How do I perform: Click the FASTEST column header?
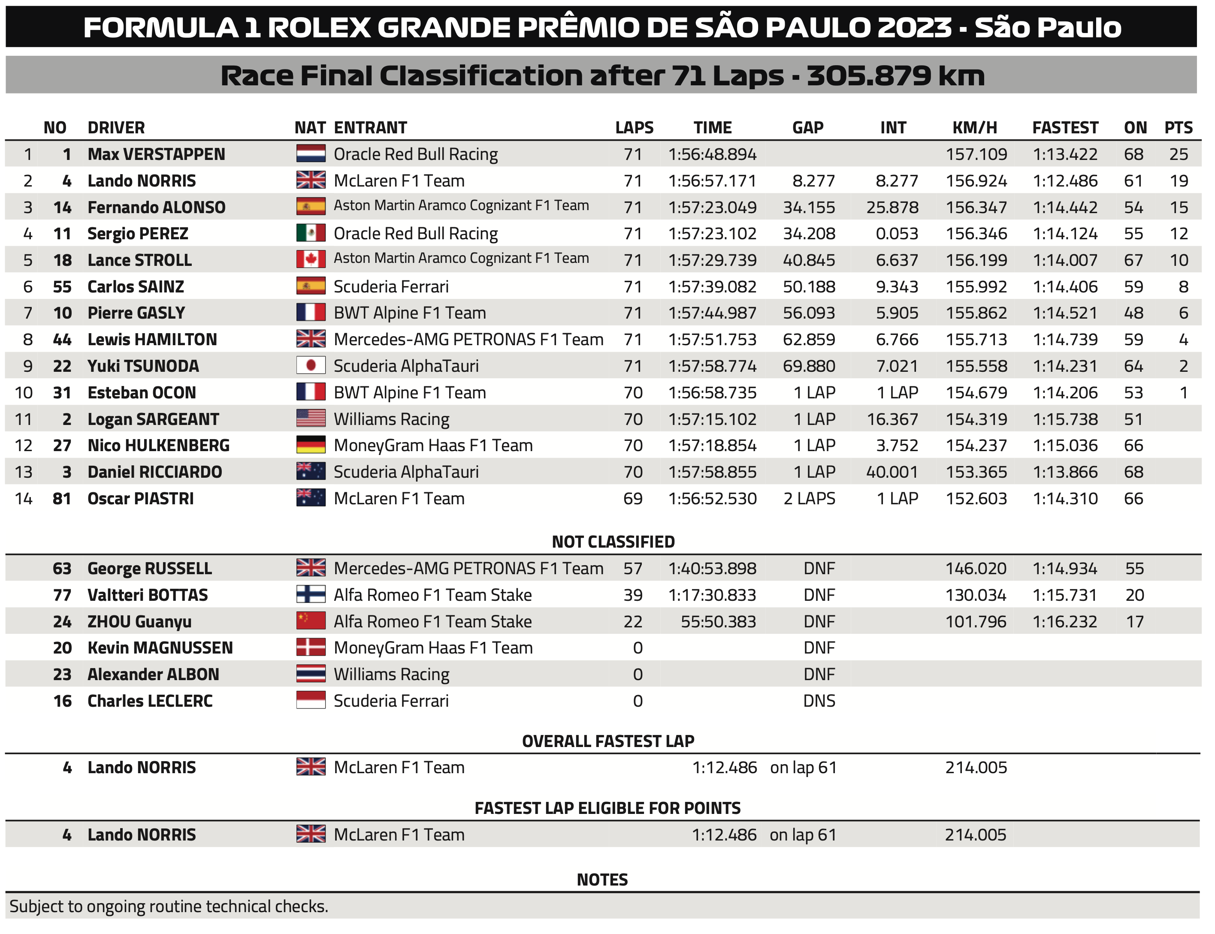[x=1064, y=127]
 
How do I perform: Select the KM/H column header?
[x=974, y=127]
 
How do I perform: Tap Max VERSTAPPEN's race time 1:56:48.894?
[x=712, y=154]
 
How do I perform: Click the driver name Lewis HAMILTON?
[x=152, y=339]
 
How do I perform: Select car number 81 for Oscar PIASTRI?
[x=62, y=498]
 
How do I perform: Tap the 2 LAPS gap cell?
[x=809, y=498]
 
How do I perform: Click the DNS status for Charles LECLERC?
[x=819, y=701]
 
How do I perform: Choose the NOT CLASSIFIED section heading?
[x=613, y=542]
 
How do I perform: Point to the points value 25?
[x=1178, y=154]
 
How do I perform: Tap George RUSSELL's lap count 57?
[x=633, y=568]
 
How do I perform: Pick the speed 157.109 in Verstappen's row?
[x=976, y=154]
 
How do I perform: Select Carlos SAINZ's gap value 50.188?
[x=809, y=286]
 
